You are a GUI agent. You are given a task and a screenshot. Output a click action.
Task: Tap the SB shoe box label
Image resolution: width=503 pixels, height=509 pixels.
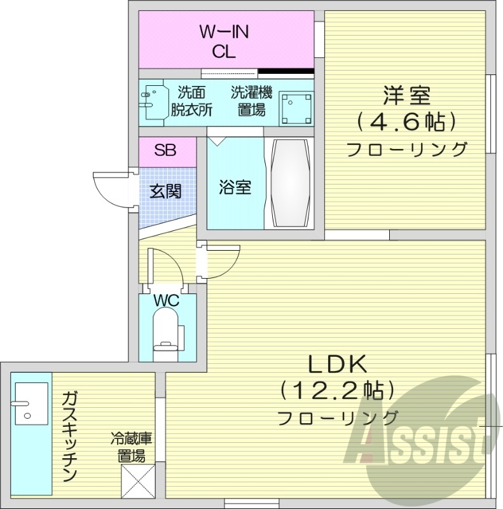(166, 151)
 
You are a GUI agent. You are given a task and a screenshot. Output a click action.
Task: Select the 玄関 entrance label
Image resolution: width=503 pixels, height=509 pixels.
(165, 191)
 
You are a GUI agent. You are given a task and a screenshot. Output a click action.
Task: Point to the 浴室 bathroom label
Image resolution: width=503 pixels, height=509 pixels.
(235, 188)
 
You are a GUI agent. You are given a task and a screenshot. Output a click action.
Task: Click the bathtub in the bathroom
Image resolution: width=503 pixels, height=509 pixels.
(289, 183)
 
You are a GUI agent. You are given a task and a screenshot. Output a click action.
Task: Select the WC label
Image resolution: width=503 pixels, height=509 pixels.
(167, 300)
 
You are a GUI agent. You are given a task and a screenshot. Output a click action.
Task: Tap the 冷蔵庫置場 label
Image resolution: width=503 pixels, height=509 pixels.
(130, 447)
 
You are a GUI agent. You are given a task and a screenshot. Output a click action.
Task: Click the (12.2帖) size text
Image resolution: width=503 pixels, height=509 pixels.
(338, 389)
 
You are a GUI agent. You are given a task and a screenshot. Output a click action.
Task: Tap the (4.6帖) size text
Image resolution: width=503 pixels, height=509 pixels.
(406, 121)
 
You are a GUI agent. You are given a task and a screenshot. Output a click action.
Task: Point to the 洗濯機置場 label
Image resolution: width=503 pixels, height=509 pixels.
(252, 101)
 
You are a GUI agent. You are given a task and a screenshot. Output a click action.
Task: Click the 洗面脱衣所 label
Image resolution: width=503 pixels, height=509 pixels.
(191, 101)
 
